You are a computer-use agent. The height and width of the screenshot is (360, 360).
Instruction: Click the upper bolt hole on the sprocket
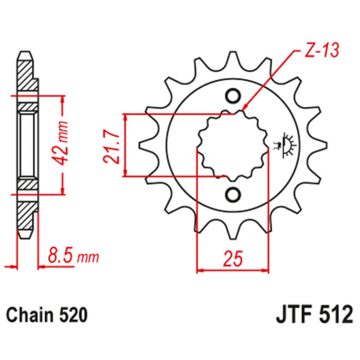[x=233, y=97]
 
